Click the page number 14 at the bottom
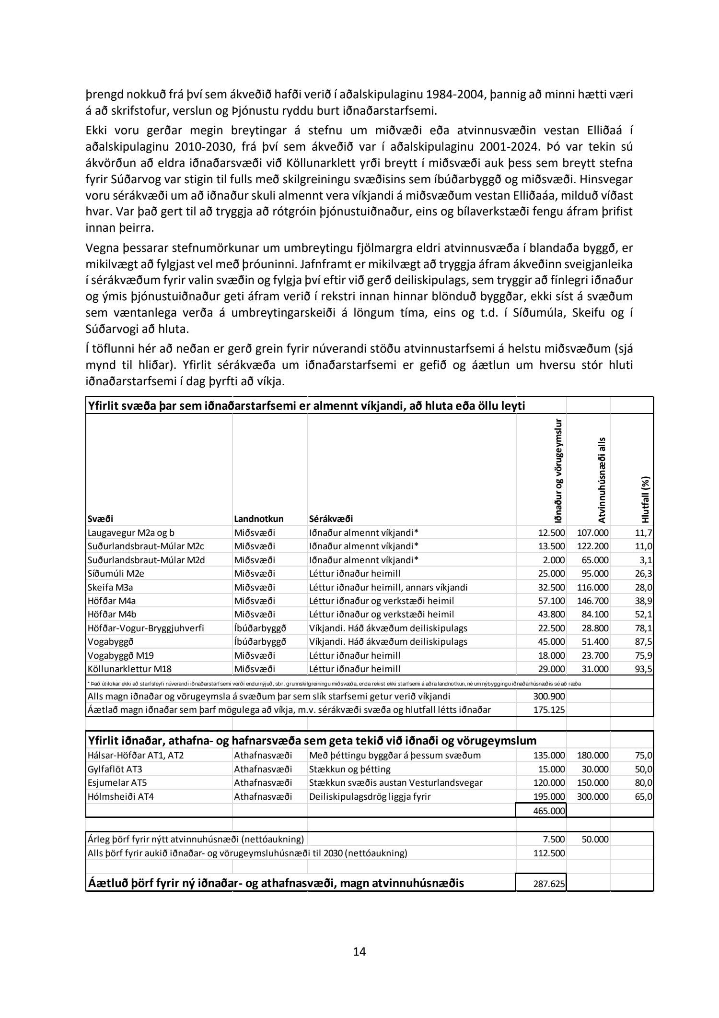359,951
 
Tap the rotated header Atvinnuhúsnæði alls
602,480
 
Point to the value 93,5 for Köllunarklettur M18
643,669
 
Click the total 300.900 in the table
549,696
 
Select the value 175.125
549,710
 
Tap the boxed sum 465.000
549,811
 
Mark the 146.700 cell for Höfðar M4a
593,601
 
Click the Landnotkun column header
259,519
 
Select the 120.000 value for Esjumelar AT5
549,782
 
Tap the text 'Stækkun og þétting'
350,769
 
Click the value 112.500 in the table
549,853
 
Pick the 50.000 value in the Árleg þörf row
595,839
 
